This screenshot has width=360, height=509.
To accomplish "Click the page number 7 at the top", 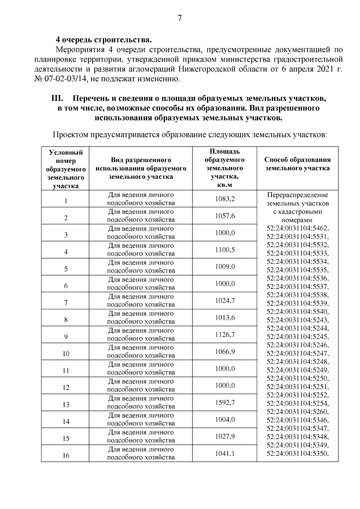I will [180, 18].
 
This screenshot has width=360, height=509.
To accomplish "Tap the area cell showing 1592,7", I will [225, 403].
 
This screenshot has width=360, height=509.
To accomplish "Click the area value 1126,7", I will [225, 334].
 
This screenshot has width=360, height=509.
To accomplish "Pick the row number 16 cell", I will [66, 456].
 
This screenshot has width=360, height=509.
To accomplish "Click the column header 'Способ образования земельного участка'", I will [297, 164].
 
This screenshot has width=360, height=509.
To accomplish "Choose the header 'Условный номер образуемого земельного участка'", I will [66, 169].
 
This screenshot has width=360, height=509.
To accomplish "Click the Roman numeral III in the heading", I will [57, 98].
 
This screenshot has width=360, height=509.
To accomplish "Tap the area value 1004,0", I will [225, 420].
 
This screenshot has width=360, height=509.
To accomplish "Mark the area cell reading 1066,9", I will [225, 352].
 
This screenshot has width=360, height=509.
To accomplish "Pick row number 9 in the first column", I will [66, 337].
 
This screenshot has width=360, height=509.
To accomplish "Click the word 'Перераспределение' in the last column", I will [297, 195].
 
